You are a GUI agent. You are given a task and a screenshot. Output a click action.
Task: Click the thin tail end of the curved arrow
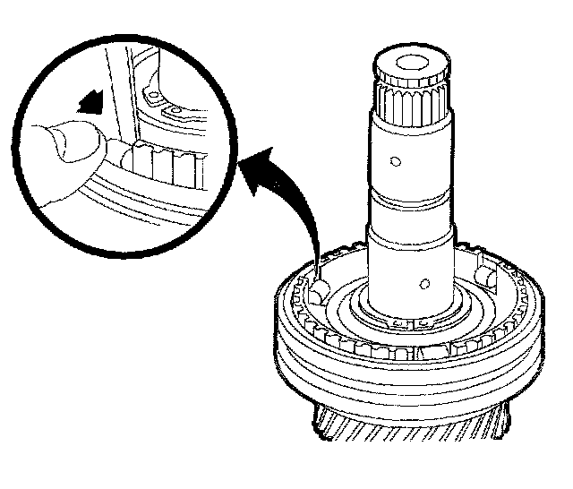(319, 260)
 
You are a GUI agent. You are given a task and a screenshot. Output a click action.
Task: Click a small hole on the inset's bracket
(151, 93)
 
